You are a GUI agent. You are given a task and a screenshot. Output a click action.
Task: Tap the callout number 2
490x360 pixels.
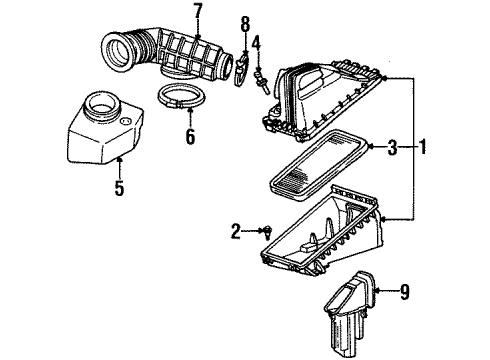[x=236, y=232]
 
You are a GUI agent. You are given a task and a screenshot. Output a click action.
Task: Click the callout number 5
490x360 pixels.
[x=118, y=188]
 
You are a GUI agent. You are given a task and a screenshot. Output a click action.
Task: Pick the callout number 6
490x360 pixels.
[x=190, y=134]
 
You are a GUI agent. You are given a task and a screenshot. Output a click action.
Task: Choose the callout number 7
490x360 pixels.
[x=197, y=12]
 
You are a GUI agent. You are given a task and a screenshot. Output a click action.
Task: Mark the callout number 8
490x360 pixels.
[x=243, y=22]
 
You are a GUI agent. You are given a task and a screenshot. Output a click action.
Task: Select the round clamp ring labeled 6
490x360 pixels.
[x=181, y=100]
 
